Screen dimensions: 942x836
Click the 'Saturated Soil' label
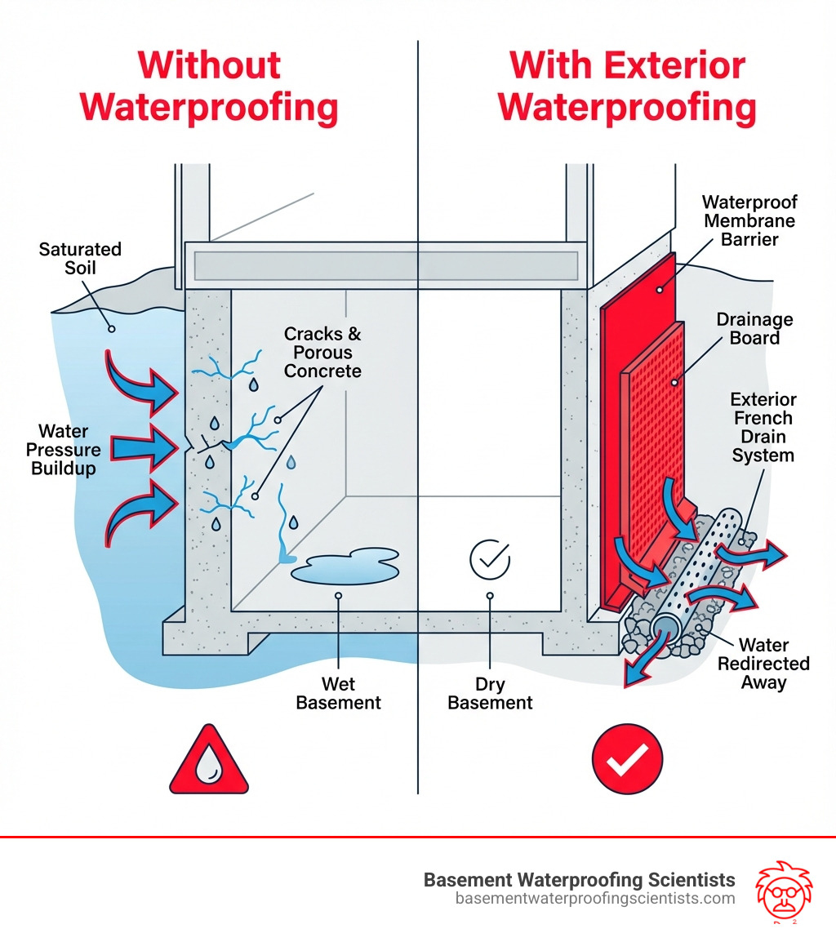click(80, 257)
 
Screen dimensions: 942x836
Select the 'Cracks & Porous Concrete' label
click(322, 353)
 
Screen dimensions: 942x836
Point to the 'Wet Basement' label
click(339, 692)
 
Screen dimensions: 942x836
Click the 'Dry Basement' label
click(490, 692)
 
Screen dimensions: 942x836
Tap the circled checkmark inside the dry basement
click(490, 559)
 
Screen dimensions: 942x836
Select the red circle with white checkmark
click(627, 759)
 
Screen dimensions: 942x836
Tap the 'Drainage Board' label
click(754, 328)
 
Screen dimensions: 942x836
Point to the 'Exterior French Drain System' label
click(763, 427)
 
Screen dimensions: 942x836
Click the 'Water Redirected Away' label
click(763, 663)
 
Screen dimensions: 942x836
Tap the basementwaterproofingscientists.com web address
click(595, 899)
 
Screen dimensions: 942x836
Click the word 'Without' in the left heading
click(209, 65)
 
